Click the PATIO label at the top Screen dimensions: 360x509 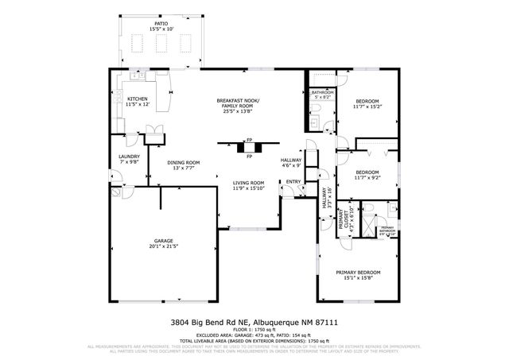[161, 25]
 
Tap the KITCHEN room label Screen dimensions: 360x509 [137, 99]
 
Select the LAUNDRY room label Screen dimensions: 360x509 [128, 157]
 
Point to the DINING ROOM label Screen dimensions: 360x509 [183, 163]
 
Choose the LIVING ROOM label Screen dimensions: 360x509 [248, 183]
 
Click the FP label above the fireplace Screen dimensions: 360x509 [249, 139]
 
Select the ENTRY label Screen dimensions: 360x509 [293, 182]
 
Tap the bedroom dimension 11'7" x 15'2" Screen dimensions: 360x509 [367, 107]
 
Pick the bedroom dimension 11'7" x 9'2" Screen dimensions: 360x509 [367, 178]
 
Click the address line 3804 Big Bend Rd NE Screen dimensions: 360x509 [254, 323]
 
